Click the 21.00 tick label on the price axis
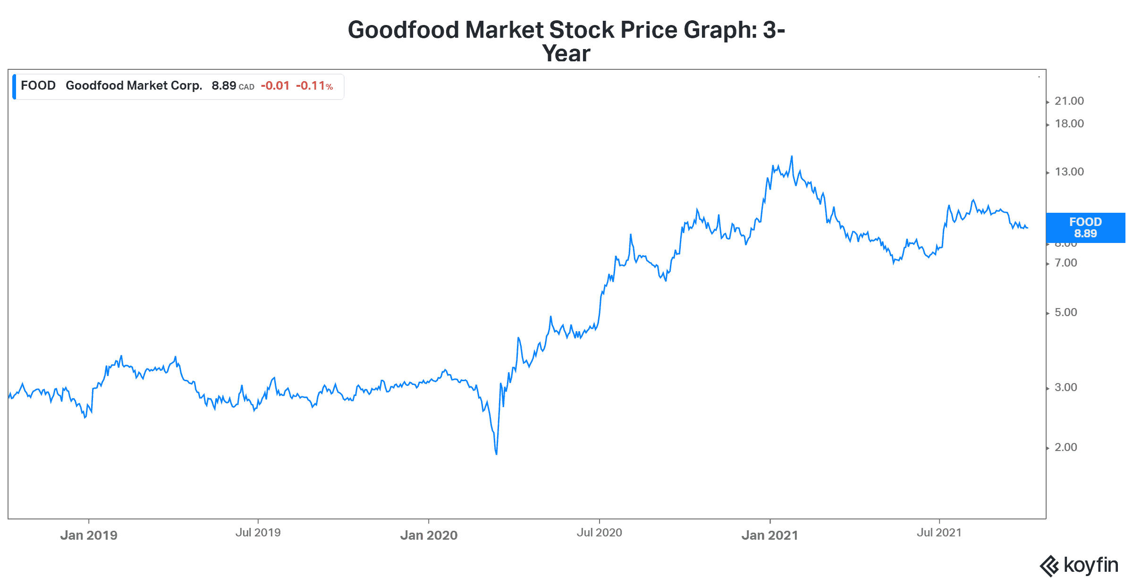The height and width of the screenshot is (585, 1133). click(x=1069, y=101)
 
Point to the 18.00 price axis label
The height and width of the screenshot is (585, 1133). click(x=1069, y=124)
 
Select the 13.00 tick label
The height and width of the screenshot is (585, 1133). click(x=1069, y=172)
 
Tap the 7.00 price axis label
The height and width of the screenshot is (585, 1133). click(x=1065, y=263)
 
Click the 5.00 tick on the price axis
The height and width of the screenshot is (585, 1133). click(x=1065, y=312)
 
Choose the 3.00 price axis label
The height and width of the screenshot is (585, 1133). click(x=1065, y=387)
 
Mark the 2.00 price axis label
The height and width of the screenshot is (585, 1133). click(x=1065, y=447)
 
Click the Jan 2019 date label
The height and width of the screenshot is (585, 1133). click(x=89, y=535)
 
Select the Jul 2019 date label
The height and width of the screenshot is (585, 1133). click(x=258, y=533)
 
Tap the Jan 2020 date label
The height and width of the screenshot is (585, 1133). click(x=429, y=535)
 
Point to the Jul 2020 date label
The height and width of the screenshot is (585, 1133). click(x=599, y=533)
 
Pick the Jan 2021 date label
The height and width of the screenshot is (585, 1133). click(x=769, y=535)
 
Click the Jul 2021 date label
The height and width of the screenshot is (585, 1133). click(x=939, y=533)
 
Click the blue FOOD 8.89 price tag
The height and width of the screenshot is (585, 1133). click(x=1085, y=228)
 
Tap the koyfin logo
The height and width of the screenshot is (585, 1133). click(x=1079, y=565)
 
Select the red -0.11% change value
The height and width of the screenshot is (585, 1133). click(x=314, y=86)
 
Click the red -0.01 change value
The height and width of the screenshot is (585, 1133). click(x=275, y=86)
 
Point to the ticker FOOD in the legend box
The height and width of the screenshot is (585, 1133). click(x=38, y=85)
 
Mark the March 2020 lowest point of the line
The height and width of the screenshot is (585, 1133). click(x=496, y=454)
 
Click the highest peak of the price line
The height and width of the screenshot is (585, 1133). click(x=792, y=157)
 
